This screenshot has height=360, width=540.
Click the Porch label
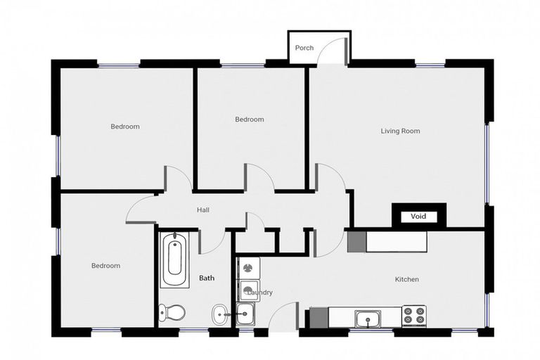tap(304, 49)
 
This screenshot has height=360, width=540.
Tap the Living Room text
tap(400, 131)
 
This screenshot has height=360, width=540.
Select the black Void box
tap(418, 217)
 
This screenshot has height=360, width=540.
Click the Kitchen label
tap(406, 280)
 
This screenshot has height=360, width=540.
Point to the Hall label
tap(202, 210)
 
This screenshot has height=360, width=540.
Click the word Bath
tap(206, 278)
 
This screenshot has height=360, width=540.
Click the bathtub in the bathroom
tap(175, 261)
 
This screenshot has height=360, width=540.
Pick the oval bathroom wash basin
tap(220, 314)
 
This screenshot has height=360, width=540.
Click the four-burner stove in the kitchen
tap(414, 316)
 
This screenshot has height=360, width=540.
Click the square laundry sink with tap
tap(246, 314)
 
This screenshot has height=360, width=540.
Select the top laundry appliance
tap(248, 267)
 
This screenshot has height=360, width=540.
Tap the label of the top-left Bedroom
tap(125, 127)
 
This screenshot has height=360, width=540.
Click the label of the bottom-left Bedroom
tap(105, 266)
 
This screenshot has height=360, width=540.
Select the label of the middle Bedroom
tap(249, 120)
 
